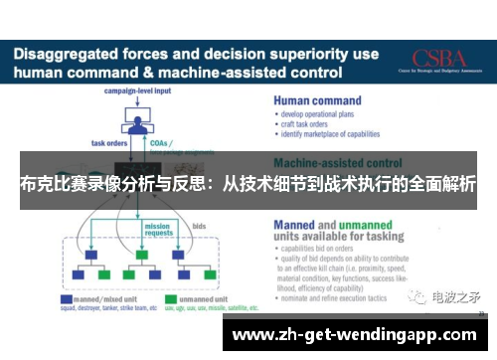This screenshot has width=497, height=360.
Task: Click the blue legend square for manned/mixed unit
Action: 67,298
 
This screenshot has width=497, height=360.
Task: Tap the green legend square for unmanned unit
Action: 170,298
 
